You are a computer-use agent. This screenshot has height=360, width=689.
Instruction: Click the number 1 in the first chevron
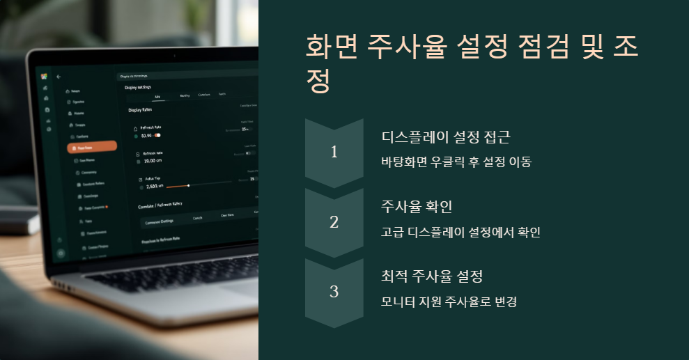[334, 152]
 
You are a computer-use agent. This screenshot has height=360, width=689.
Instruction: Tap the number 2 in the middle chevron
[334, 222]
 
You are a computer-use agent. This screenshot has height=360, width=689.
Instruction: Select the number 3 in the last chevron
[334, 292]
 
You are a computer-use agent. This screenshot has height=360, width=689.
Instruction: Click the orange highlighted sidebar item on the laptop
[91, 148]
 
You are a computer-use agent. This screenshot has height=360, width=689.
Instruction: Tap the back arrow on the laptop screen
[59, 76]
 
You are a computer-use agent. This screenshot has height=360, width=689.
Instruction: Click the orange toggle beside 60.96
[157, 135]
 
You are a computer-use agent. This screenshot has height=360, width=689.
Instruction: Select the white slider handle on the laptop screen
[188, 185]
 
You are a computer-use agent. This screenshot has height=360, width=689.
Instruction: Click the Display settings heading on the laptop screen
[137, 88]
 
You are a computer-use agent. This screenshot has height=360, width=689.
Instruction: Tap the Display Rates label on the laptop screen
[140, 110]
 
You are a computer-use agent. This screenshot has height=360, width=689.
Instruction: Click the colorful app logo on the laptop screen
[44, 76]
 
